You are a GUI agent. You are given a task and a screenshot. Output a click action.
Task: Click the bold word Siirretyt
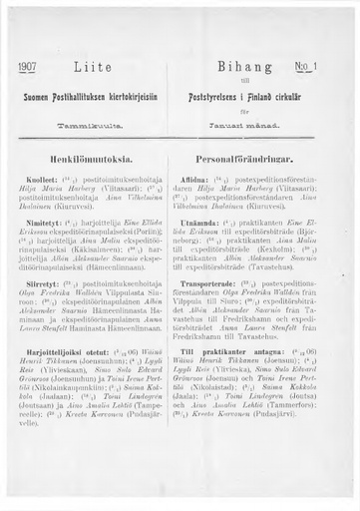point(51,280)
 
